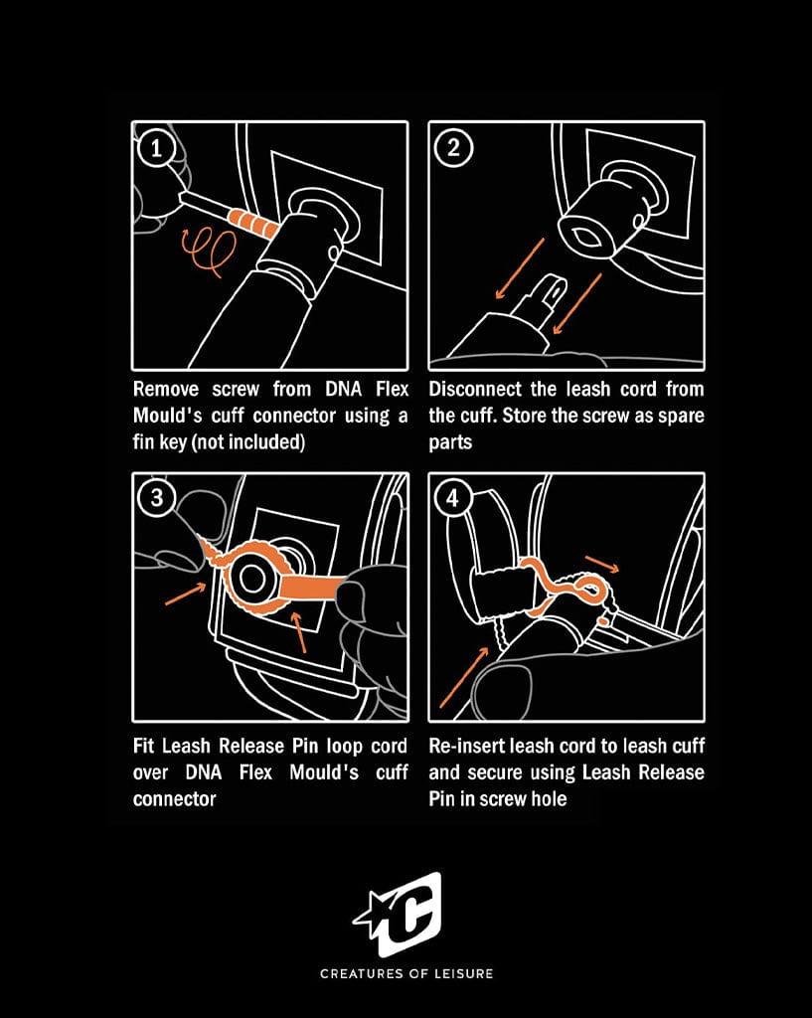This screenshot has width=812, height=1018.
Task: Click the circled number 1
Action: point(156,149)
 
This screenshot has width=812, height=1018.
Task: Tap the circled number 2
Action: point(452,149)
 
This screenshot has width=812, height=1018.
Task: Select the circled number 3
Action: point(156,499)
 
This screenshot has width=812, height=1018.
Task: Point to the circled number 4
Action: point(452,499)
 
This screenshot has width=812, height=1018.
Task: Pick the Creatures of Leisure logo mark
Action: point(401,915)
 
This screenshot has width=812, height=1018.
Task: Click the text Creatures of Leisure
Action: point(406,973)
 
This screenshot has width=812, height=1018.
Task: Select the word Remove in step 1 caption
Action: point(166,390)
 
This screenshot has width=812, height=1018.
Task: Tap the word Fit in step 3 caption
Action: point(143,746)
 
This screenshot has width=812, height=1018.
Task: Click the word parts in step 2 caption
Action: point(450,443)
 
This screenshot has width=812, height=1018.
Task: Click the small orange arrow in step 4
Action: point(601,565)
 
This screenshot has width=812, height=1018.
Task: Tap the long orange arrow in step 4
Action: point(463,677)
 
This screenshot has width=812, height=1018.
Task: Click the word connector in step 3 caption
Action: point(174,799)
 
